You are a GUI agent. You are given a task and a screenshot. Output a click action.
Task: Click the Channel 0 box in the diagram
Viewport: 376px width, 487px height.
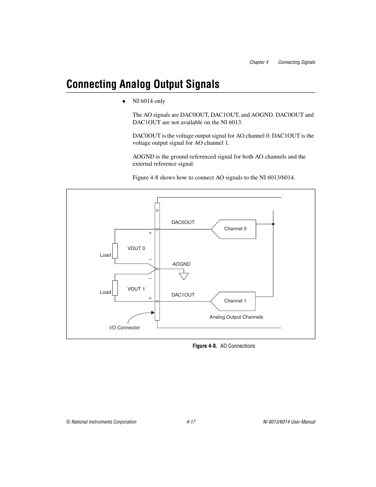tap(235, 229)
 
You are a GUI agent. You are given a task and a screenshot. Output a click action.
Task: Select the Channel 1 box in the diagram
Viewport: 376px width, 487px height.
tap(235, 301)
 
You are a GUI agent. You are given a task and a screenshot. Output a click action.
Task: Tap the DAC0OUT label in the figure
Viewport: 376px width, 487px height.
tap(183, 222)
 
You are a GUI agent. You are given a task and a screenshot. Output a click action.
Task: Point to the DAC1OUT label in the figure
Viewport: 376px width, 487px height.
tap(183, 295)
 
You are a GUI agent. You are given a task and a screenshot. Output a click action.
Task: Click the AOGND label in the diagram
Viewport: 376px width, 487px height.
tap(181, 264)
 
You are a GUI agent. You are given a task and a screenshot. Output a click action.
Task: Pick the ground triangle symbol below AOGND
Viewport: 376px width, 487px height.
tap(184, 276)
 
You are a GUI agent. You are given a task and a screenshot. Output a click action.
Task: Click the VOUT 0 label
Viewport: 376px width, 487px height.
tap(136, 248)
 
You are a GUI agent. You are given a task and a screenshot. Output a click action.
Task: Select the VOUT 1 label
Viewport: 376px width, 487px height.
tap(136, 289)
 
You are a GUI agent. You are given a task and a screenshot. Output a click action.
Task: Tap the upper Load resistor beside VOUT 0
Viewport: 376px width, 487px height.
tap(115, 251)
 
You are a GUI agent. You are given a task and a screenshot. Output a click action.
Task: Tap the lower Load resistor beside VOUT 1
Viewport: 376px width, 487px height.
tap(115, 288)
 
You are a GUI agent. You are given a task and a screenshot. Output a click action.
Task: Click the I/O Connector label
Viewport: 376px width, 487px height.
tap(125, 328)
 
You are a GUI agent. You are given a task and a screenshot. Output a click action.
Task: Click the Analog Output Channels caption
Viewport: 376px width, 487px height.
tap(236, 317)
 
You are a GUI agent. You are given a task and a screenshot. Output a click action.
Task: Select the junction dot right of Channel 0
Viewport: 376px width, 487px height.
tap(273, 224)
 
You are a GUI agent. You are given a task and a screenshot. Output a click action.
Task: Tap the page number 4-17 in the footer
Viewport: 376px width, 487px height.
tap(191, 422)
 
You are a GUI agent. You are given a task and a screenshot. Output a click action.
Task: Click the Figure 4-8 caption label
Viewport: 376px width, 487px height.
tap(205, 346)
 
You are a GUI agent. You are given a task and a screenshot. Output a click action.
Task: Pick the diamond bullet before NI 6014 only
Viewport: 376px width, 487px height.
tap(123, 101)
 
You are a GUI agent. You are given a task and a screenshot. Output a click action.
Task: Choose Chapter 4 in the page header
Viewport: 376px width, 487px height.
tap(259, 62)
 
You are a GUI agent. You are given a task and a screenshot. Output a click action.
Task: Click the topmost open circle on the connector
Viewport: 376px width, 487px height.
tap(157, 211)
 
